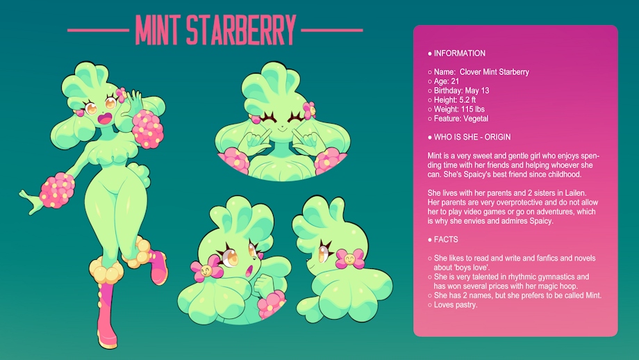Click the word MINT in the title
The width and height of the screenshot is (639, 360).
(158, 30)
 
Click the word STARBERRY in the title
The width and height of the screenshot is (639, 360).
(241, 30)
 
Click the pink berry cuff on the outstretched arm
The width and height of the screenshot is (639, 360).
(58, 190)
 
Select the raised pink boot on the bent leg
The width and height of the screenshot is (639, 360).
(158, 267)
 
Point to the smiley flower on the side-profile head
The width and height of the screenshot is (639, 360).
(349, 259)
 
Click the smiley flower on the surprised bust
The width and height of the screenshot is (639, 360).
(206, 269)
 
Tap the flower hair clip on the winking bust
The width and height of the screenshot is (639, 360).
(309, 110)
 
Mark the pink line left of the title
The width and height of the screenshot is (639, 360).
(98, 30)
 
